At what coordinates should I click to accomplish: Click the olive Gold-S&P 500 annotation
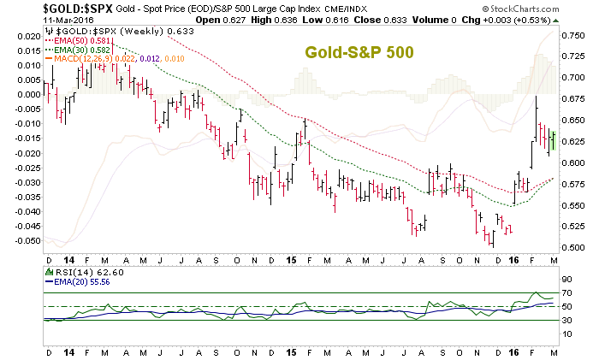(x=359, y=53)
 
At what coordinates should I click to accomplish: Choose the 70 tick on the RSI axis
(x=566, y=293)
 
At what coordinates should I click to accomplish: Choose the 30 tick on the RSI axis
(x=566, y=320)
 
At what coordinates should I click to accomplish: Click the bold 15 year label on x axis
(x=291, y=258)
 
